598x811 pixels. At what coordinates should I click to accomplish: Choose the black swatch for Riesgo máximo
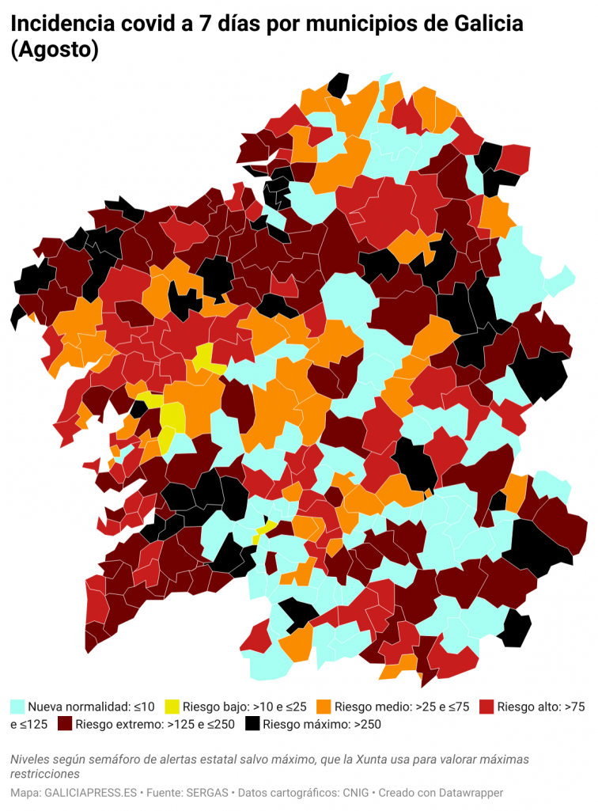[252, 724]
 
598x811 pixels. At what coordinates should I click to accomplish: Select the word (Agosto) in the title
[55, 50]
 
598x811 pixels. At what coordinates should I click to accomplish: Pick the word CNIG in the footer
[355, 792]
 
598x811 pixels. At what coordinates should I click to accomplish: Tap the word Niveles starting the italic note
[32, 760]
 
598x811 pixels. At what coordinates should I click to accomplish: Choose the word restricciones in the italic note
[45, 774]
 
